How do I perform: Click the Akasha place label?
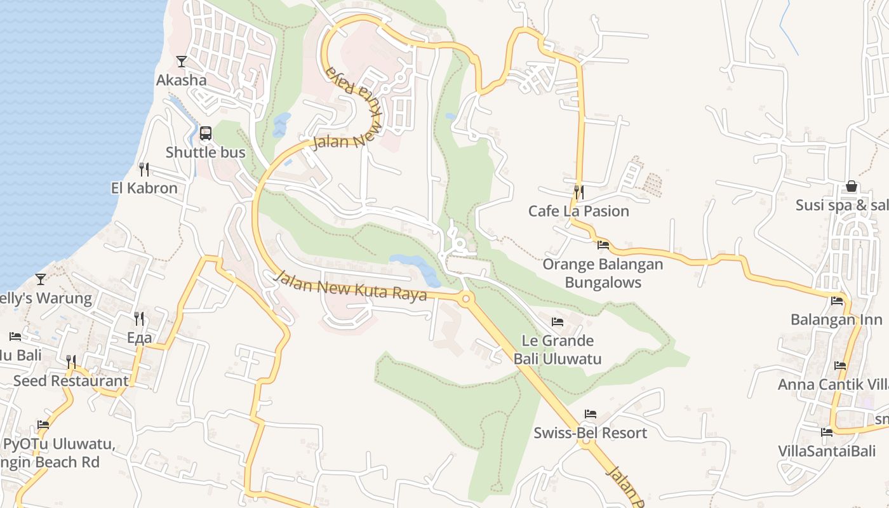182,80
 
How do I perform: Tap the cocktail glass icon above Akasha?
182,62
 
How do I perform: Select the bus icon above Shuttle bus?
206,133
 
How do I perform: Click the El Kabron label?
144,188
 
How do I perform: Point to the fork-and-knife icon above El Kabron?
144,169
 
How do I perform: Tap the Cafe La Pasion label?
578,211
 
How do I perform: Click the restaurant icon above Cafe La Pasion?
578,191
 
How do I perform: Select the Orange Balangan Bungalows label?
603,273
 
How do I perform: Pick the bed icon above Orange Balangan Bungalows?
603,244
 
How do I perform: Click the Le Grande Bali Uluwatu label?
557,350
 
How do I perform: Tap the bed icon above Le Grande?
558,322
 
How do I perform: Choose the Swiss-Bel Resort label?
590,433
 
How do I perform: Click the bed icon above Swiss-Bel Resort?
591,414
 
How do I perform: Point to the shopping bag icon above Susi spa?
852,187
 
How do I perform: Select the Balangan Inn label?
836,319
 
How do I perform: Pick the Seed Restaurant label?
70,381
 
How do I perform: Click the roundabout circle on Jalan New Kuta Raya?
466,298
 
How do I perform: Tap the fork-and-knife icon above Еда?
139,318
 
